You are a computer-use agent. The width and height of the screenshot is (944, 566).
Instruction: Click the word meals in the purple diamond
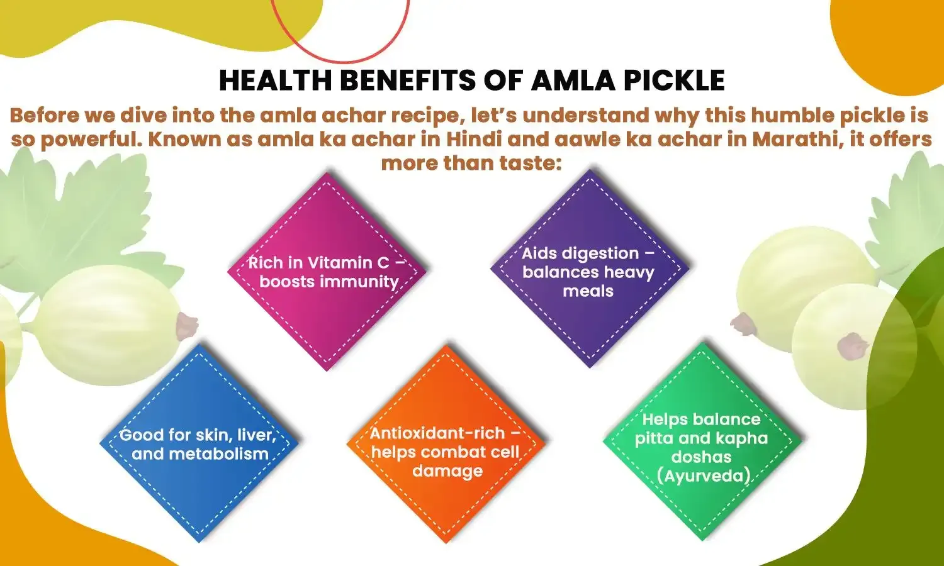click(588, 291)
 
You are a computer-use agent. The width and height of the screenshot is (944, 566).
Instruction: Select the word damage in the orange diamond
click(447, 471)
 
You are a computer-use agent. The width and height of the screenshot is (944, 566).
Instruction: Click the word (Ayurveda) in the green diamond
click(703, 475)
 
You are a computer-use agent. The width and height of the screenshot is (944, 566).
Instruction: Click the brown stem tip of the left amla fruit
click(186, 325)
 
